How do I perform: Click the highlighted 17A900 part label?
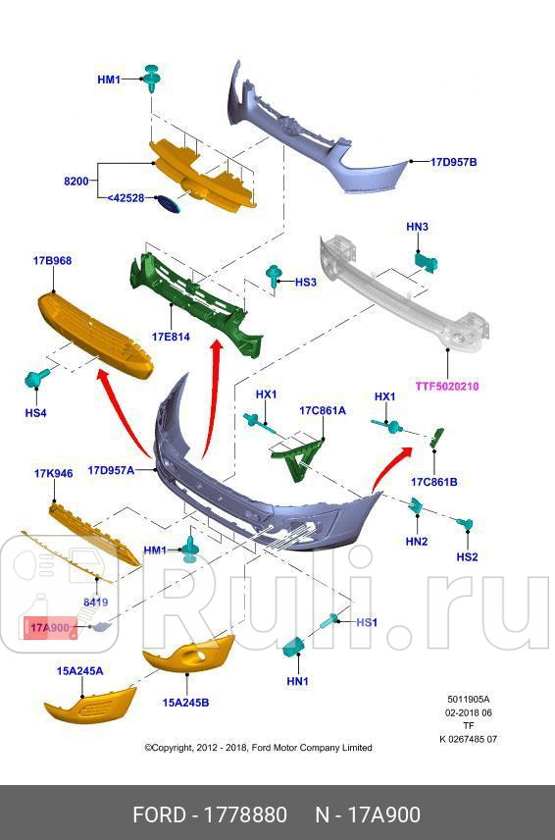pos(48,627)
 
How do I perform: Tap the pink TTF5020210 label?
pos(446,386)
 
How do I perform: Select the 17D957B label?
pos(453,162)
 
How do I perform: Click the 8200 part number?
pos(76,182)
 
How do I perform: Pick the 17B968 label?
pos(52,261)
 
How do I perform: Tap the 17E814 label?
pos(170,337)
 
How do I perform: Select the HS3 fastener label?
pos(306,282)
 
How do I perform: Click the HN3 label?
pos(417,227)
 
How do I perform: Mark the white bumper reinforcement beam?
pos(402,294)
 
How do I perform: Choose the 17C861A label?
pos(323,410)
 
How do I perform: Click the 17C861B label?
pos(433,482)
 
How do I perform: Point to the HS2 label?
pos(467,556)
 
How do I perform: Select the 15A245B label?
pos(185,702)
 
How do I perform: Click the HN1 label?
pos(298,681)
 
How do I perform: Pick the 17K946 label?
pos(54,473)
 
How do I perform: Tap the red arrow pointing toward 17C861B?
pos(390,468)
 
